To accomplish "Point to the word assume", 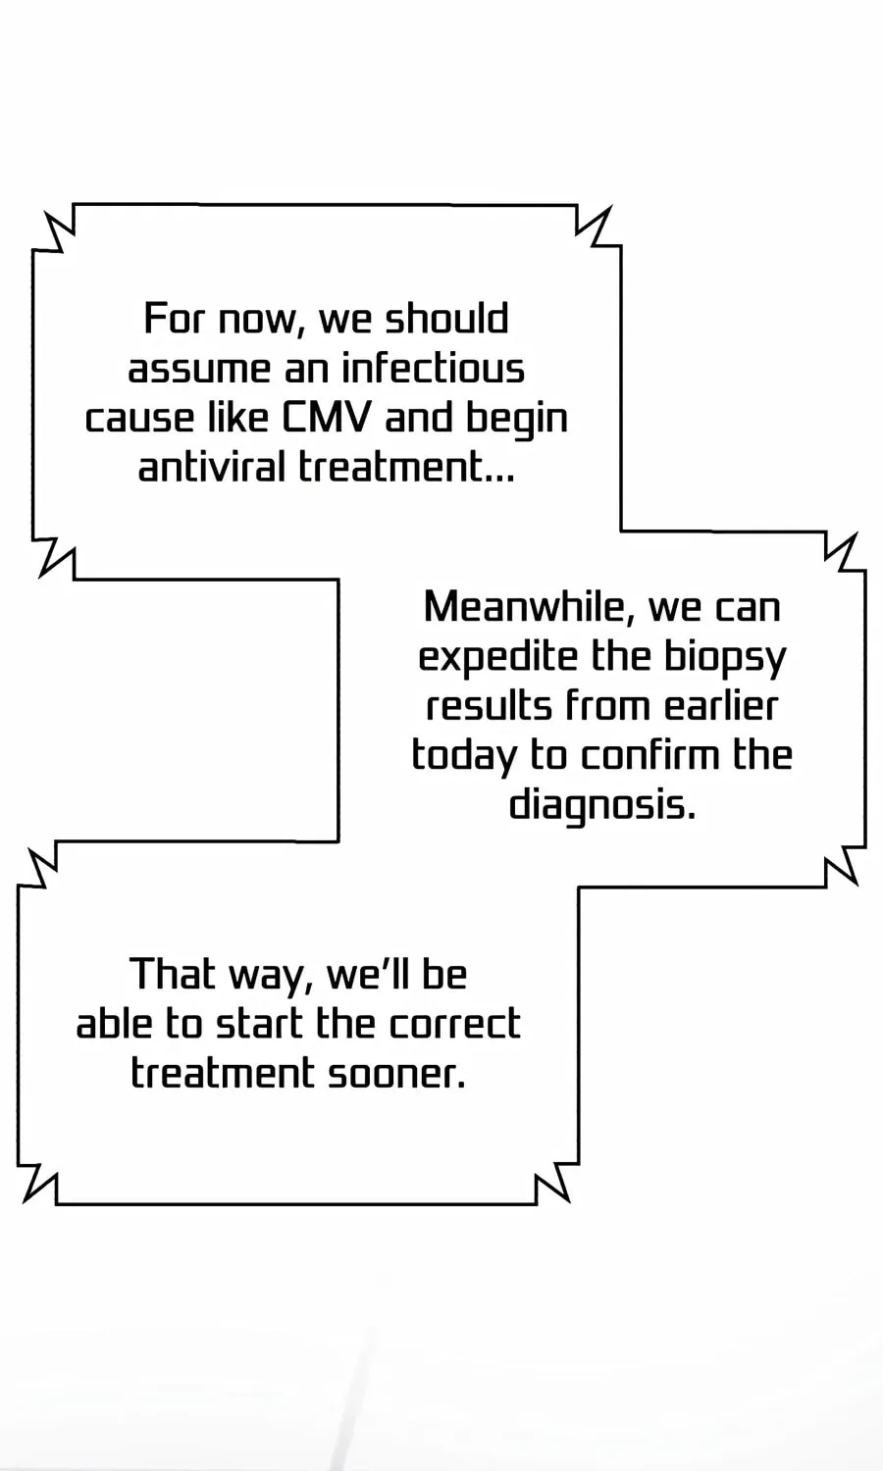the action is [x=199, y=369].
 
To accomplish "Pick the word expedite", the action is [x=498, y=657].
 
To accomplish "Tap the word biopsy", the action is [x=725, y=657].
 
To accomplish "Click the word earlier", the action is [x=721, y=705].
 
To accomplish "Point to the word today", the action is [x=464, y=756].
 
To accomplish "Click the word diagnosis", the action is [x=601, y=805].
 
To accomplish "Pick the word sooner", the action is [x=396, y=1074].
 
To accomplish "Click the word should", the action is [x=446, y=318].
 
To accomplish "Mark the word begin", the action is [x=516, y=419].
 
